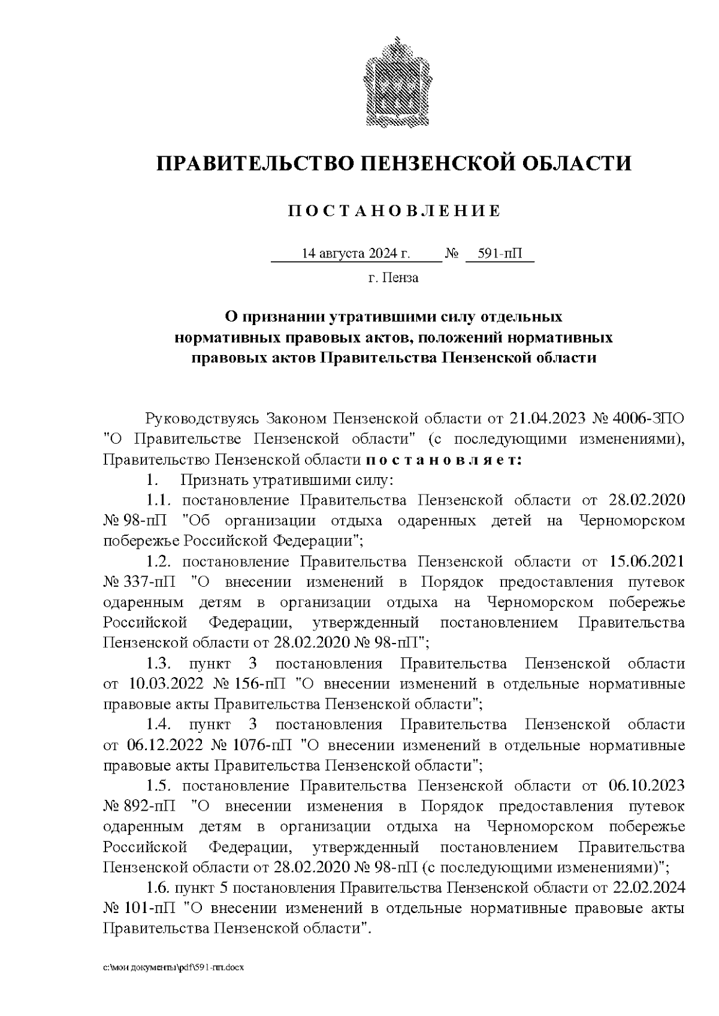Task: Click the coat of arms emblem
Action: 394,82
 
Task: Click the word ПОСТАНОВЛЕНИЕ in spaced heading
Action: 394,211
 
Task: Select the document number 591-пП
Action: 500,254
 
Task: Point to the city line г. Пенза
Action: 393,278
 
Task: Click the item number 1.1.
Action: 159,501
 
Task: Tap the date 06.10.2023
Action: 647,785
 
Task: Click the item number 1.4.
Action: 159,725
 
